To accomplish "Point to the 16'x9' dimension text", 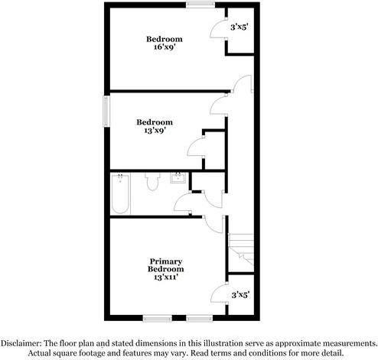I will [x=165, y=47].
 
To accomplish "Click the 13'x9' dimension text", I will [x=155, y=131].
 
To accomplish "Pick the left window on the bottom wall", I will [x=155, y=317].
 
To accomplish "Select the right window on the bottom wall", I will [x=199, y=317].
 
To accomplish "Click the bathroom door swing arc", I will [x=184, y=203].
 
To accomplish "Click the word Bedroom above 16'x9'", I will [x=165, y=38].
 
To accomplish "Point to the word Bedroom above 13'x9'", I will [x=155, y=122].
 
